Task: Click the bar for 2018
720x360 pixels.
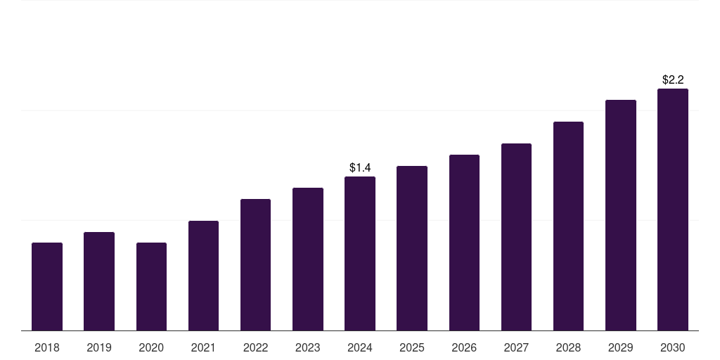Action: (47, 286)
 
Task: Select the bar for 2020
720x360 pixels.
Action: (151, 286)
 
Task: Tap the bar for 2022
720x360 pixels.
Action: (255, 264)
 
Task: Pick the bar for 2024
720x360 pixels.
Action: (360, 253)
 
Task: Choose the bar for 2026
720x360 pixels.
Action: (464, 243)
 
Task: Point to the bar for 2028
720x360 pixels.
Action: (568, 226)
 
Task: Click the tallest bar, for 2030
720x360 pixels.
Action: (673, 210)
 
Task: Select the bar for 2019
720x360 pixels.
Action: (99, 281)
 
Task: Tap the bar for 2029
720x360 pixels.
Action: (621, 215)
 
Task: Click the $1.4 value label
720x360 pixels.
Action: (360, 167)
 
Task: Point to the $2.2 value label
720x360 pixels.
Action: (673, 79)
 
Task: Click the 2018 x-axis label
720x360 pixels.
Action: (47, 347)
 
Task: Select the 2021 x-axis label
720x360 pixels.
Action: (203, 347)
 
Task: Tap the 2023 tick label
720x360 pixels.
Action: (308, 347)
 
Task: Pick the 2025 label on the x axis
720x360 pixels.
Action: (412, 347)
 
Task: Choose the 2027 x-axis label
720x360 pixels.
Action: (516, 347)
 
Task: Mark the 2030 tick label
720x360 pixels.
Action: (673, 347)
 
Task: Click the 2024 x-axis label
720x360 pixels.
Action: (360, 347)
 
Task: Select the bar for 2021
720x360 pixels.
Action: (203, 276)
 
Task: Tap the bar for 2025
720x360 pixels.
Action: (412, 248)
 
